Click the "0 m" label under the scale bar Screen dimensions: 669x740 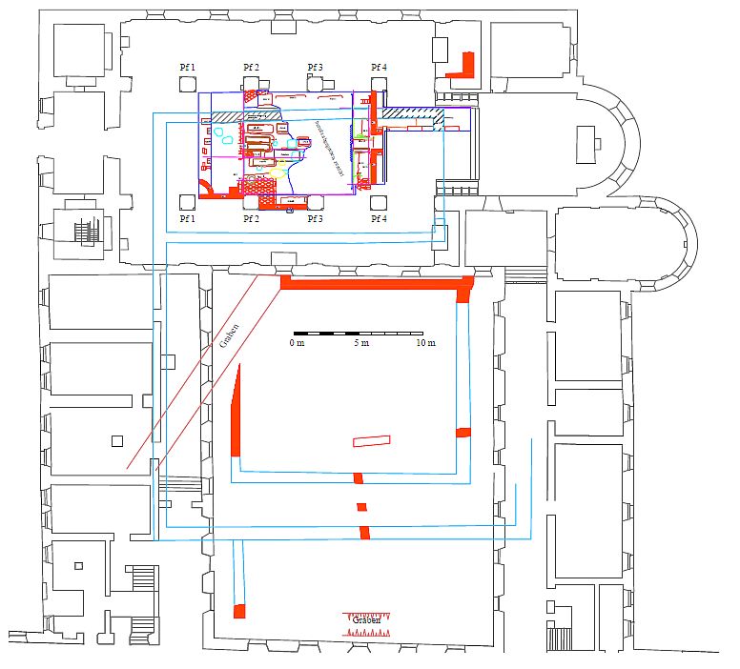[x=298, y=343]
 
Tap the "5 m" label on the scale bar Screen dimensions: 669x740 [x=360, y=343]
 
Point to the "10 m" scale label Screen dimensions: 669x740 [x=423, y=343]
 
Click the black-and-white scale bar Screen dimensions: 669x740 [x=360, y=333]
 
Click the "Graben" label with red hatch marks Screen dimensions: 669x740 [x=367, y=620]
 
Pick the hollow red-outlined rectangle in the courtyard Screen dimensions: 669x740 [x=371, y=440]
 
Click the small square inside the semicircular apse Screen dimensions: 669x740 [x=598, y=144]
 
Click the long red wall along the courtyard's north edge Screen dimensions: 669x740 [x=377, y=283]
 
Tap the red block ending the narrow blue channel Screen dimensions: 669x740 [x=240, y=610]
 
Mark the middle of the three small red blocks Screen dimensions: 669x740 [x=361, y=505]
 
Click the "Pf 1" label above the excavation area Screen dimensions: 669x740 [x=188, y=67]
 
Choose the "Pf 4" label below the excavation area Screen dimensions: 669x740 [x=379, y=219]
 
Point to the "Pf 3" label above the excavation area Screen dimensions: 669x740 [x=315, y=67]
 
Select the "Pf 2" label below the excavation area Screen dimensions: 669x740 [x=251, y=219]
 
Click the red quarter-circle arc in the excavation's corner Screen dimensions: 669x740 [x=205, y=186]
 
